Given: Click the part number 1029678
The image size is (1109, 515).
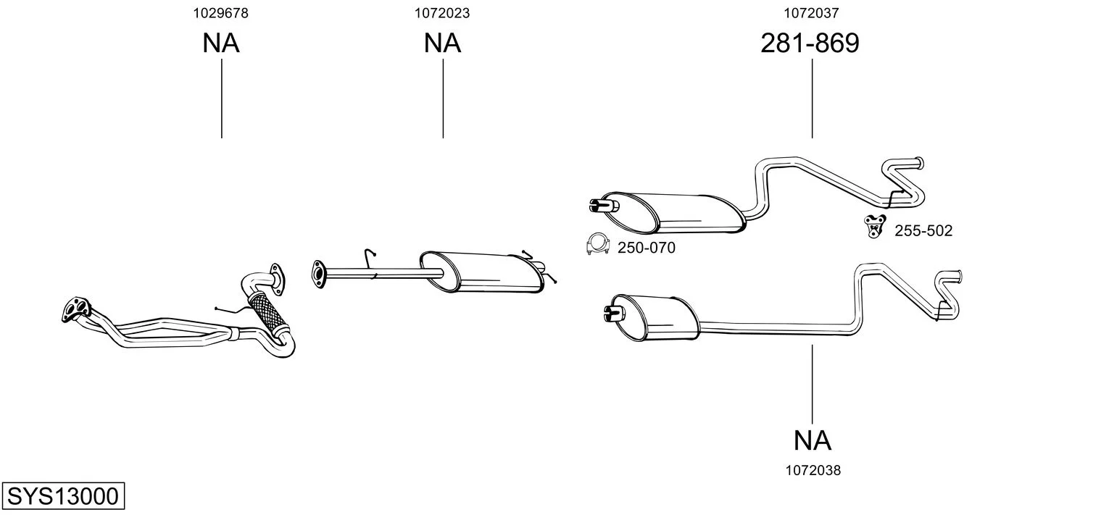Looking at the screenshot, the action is [x=221, y=13].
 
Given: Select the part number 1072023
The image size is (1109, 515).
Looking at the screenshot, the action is [x=442, y=13].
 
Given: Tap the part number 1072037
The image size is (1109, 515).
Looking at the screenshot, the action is [x=811, y=13].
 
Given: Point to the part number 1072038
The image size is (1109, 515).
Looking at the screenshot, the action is [x=813, y=471].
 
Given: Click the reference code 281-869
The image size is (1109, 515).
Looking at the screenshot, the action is [x=810, y=43].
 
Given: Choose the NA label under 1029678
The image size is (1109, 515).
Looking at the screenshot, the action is [x=221, y=43].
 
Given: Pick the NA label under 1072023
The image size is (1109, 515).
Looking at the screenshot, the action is [x=442, y=43].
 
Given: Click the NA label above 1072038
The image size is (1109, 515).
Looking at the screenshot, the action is [x=813, y=440].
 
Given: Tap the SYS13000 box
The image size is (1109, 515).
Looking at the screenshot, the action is [x=63, y=495].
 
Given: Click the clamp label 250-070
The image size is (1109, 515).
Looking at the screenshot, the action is [x=646, y=248].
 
